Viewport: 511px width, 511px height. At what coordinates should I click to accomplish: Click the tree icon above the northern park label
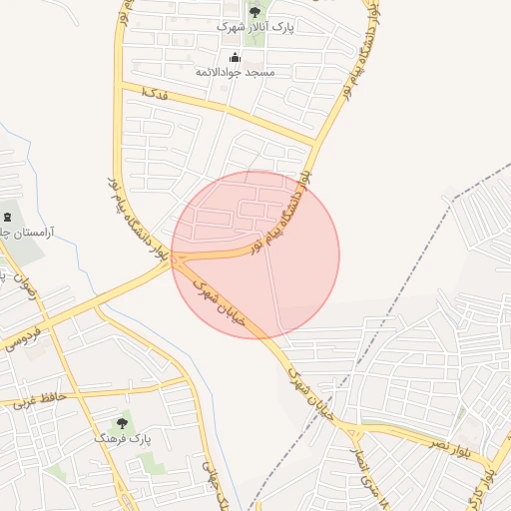point(255,13)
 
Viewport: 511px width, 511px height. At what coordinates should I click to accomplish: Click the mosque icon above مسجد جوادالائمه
point(236,57)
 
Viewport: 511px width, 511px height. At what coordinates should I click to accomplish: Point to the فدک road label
point(155,93)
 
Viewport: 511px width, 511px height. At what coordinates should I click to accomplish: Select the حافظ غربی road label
point(39,399)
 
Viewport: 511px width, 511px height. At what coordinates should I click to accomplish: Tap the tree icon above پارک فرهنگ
point(122,423)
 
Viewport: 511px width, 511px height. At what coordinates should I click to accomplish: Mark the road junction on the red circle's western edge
point(176,260)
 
